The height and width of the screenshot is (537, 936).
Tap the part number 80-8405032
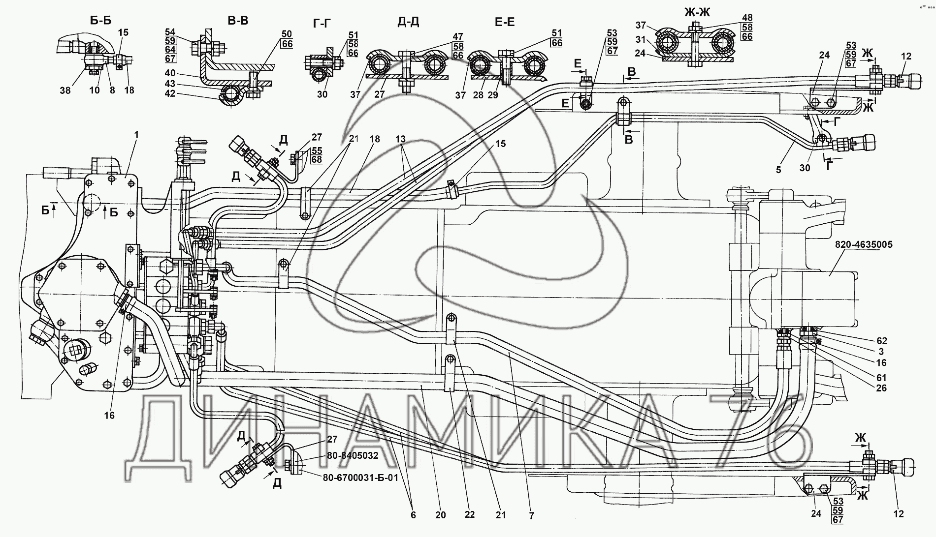(x=353, y=456)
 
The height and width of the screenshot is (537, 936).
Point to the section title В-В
(x=238, y=21)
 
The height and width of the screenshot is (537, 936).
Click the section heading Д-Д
(x=408, y=23)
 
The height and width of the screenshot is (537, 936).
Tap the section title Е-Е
(x=504, y=23)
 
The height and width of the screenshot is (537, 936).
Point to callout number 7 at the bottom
(x=532, y=515)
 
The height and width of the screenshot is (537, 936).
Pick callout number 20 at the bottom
(x=440, y=515)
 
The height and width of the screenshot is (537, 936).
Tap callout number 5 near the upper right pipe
(x=778, y=171)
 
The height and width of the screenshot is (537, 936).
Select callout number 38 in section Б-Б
(x=65, y=90)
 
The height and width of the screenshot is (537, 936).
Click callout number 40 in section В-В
(x=170, y=75)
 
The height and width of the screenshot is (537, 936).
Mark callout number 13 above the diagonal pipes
(x=401, y=139)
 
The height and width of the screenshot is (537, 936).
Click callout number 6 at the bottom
(x=413, y=515)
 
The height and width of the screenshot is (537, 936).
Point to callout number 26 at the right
(x=881, y=388)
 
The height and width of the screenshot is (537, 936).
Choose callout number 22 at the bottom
(x=469, y=515)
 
